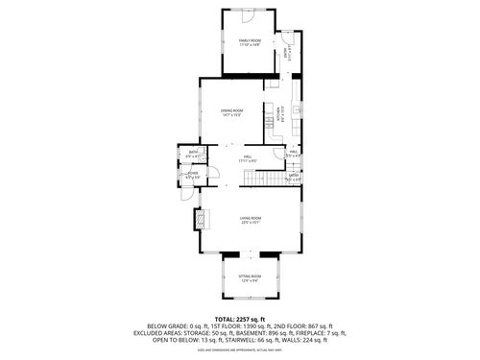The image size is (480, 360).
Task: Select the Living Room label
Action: coord(252,219)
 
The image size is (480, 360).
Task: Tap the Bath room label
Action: coord(193,154)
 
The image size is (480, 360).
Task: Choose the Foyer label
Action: coord(192,175)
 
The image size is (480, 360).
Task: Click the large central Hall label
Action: coord(247,158)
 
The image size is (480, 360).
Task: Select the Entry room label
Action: coord(294,176)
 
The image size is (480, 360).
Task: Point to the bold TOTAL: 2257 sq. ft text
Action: coord(240,318)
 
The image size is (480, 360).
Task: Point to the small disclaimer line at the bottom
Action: coord(240,350)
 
